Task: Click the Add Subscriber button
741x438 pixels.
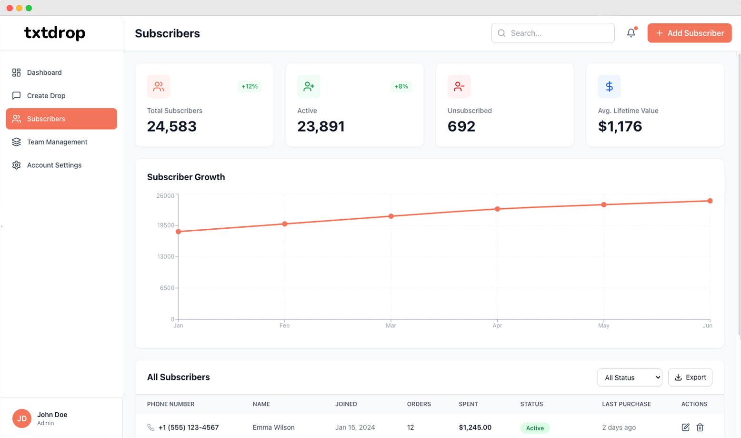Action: coord(689,33)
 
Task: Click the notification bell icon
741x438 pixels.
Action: coord(631,33)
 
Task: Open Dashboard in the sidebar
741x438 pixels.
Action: coord(44,72)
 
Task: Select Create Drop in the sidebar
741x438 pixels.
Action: coord(46,95)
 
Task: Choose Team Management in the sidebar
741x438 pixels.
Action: coord(57,142)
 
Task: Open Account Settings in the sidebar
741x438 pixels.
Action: coord(54,165)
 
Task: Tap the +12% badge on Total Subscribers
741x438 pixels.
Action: coord(249,86)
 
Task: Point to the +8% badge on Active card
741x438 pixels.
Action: coord(401,86)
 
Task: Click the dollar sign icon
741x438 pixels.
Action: coord(609,86)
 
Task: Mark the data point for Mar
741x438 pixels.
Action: coord(391,216)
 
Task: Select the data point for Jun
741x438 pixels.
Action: coord(710,201)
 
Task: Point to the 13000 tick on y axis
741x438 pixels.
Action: coord(166,256)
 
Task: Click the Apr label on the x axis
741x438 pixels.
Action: coord(497,326)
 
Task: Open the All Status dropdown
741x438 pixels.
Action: coord(629,377)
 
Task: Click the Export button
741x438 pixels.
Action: coord(690,377)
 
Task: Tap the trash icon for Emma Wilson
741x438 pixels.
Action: coord(700,428)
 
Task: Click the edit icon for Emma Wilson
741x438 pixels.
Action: coord(685,428)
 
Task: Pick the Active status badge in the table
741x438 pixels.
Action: coord(535,428)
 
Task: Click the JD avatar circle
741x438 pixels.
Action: coord(22,418)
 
